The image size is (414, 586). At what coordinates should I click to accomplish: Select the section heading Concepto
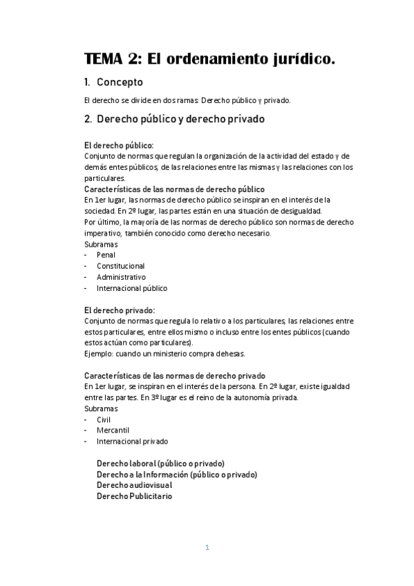click(120, 82)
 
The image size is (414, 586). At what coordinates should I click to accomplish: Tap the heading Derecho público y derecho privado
click(180, 118)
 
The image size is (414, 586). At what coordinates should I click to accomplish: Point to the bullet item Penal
click(106, 254)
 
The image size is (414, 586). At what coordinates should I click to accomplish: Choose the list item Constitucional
click(121, 265)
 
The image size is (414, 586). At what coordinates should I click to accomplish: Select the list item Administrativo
click(122, 276)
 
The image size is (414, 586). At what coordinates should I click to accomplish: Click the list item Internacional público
click(132, 288)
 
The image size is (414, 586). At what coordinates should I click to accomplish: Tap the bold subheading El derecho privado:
click(119, 310)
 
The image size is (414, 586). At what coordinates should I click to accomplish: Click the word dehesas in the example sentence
click(229, 353)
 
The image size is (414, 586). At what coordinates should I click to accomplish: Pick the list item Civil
click(104, 419)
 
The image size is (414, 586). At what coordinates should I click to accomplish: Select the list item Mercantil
click(113, 430)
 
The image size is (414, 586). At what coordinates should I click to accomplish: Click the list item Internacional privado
click(132, 441)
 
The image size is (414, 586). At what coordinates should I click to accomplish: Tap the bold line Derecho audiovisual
click(135, 485)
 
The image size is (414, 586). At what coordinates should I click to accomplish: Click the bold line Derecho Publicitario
click(135, 496)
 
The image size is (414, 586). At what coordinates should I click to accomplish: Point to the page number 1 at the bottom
click(207, 547)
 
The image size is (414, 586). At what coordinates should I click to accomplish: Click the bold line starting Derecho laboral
click(160, 463)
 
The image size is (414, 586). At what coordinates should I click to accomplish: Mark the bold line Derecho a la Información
click(177, 474)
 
